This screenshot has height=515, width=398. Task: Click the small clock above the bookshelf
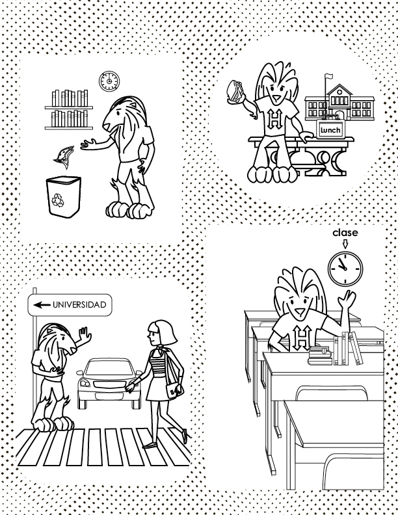coord(109,81)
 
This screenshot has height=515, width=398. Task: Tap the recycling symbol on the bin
coord(59,200)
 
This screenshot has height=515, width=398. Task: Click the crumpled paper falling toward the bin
coord(64,155)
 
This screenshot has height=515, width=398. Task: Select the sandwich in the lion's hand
coord(235,90)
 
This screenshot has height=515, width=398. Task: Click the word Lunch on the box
coord(330,130)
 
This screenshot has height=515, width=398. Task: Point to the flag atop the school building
coord(328,77)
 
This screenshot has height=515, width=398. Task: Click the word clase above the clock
coord(345,233)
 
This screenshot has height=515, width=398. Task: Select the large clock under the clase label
coord(345,269)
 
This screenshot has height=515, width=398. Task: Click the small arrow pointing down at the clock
coord(345,244)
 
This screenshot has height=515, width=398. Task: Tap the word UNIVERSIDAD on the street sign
coord(79,305)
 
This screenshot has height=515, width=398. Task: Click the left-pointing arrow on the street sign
coord(42,305)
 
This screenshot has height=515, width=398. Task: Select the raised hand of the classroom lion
coord(347,300)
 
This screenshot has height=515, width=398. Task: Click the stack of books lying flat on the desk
coord(320,356)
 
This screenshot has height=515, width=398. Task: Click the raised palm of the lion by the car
coord(85,335)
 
